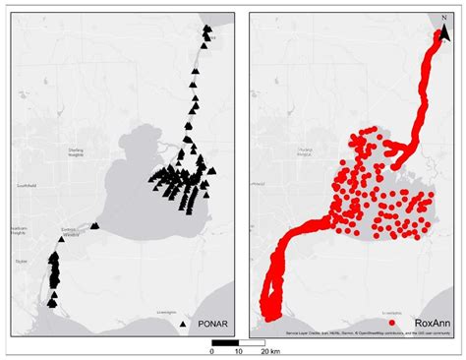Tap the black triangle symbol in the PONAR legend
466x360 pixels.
[x=184, y=322]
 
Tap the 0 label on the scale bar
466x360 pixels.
[x=213, y=351]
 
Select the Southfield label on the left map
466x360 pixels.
[x=26, y=183]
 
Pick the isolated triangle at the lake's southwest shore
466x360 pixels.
[x=95, y=226]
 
